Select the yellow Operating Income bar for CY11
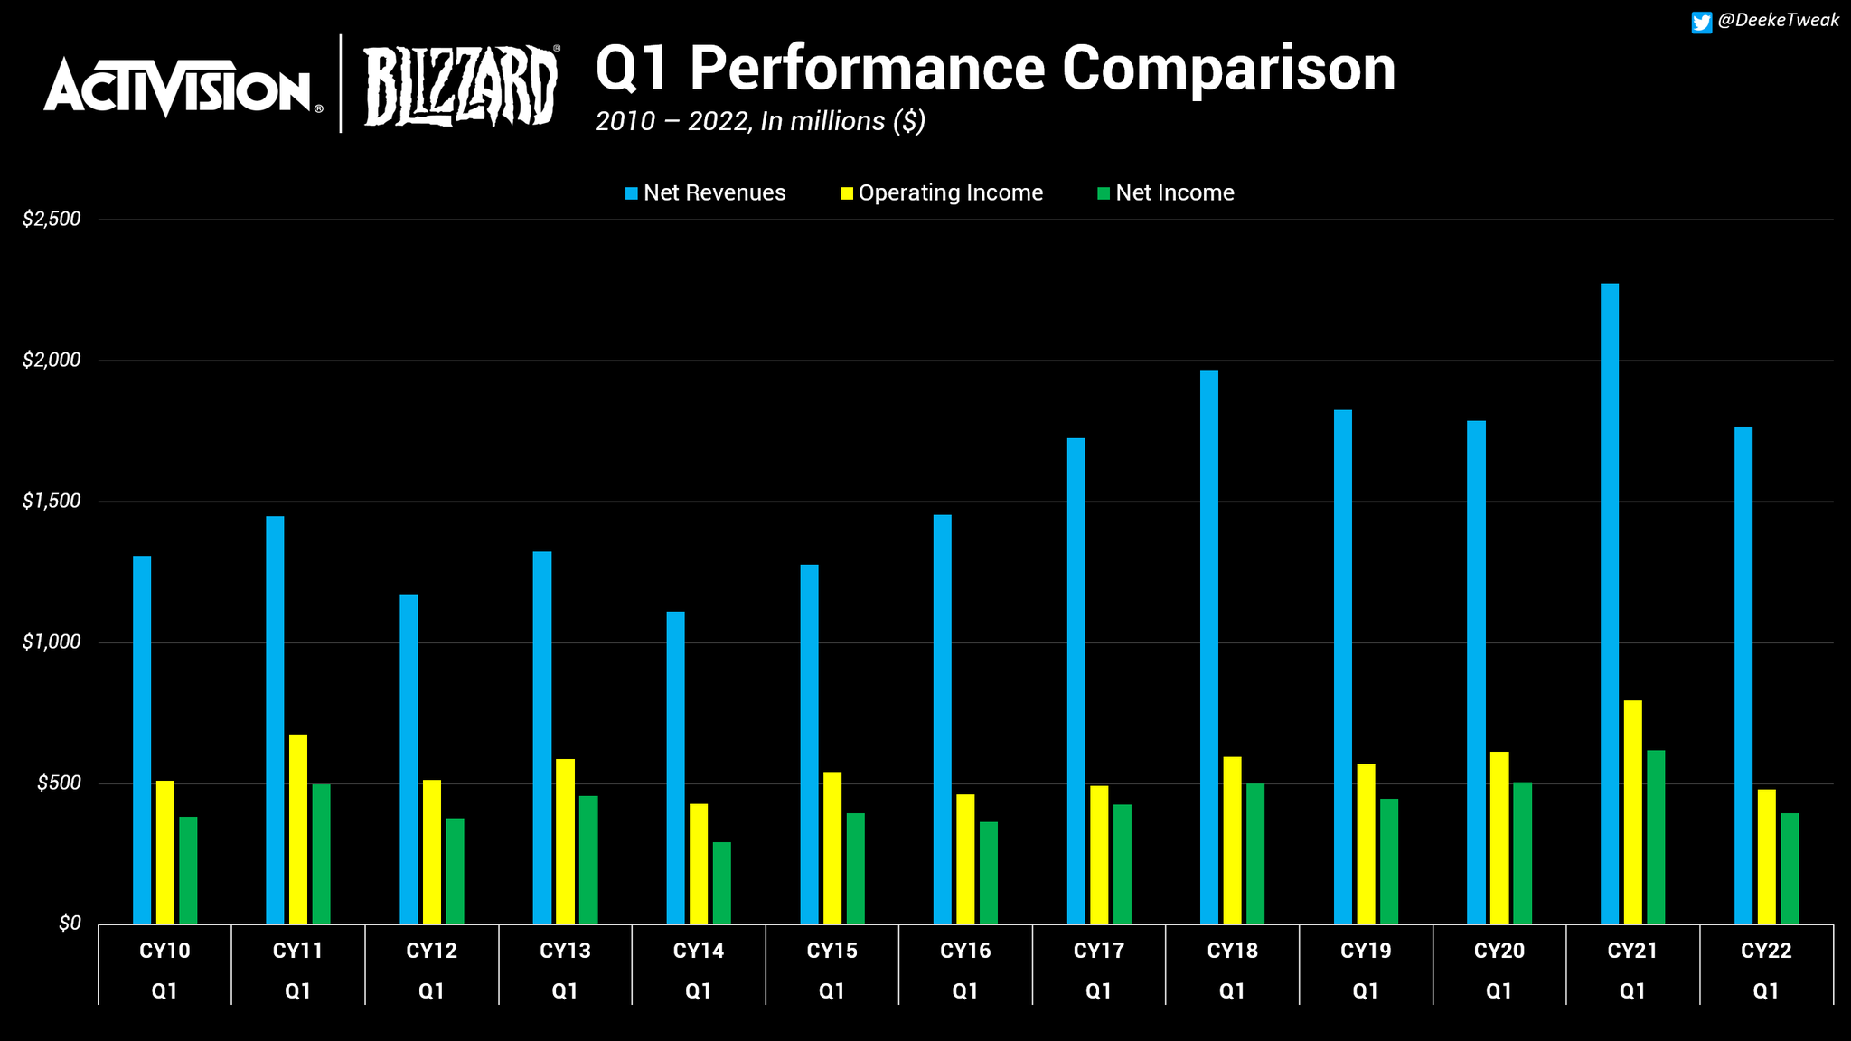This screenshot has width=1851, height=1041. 297,829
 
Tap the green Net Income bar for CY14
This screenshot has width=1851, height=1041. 721,883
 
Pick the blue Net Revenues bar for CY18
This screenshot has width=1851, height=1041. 1208,647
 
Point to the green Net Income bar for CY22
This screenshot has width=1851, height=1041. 1789,868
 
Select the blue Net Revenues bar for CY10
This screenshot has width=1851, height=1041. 142,739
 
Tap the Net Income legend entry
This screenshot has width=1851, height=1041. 1165,192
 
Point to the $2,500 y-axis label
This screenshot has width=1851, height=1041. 52,219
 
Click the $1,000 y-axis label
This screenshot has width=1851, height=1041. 52,642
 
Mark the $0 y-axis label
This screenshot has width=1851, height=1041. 70,924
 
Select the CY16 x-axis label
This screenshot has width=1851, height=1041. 965,951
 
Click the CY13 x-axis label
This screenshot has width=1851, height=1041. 565,951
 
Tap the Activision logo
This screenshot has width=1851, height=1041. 179,87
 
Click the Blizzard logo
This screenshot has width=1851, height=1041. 460,86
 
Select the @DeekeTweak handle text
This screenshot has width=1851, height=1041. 1777,21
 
